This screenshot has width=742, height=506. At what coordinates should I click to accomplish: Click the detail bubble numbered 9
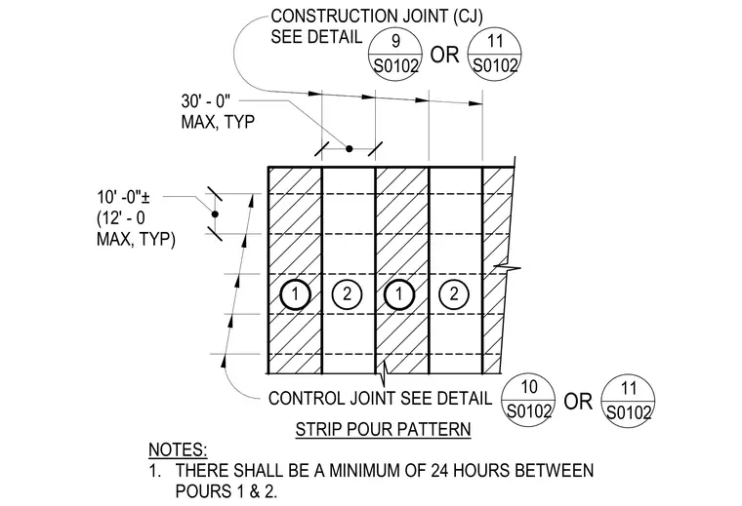395,54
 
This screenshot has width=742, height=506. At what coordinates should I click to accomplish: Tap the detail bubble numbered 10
528,400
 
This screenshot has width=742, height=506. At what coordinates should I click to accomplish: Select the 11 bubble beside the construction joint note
495,54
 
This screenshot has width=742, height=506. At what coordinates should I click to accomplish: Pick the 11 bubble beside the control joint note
628,401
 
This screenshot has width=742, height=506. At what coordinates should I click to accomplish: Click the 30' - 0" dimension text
205,101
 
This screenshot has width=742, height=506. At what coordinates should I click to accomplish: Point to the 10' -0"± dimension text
124,197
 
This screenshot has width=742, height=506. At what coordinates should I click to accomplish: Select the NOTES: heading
178,449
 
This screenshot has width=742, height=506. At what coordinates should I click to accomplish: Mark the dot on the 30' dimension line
350,149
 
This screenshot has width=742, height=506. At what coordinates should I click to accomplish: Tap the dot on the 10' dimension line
215,214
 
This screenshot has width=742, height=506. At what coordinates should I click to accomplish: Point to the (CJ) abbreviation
467,17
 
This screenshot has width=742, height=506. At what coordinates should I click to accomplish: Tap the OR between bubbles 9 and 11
445,55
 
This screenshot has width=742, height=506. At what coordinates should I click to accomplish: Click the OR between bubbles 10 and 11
578,402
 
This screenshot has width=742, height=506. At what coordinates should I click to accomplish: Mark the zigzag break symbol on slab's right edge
508,268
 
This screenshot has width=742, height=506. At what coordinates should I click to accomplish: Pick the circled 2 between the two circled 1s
347,294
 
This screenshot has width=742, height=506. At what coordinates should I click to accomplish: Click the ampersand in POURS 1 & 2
255,491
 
